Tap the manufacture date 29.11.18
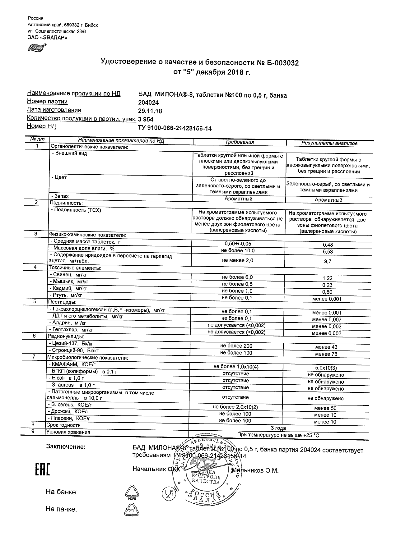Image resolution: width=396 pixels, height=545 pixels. tap(150, 111)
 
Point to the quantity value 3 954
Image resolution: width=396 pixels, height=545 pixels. tap(146, 120)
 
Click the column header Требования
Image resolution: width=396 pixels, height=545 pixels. tap(239, 142)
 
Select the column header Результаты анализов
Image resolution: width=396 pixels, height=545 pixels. tap(329, 143)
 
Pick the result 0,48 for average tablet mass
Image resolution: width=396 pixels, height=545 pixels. tap(328, 245)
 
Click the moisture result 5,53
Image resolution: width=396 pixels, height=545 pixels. tap(328, 251)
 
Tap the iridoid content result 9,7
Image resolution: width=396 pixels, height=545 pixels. tap(328, 262)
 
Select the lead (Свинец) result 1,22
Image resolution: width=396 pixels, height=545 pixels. tap(328, 278)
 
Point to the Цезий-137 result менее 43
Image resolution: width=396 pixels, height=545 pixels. tap(326, 347)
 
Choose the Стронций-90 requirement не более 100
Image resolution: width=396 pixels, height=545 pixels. tap(236, 353)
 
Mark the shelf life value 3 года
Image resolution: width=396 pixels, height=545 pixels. tap(278, 428)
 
